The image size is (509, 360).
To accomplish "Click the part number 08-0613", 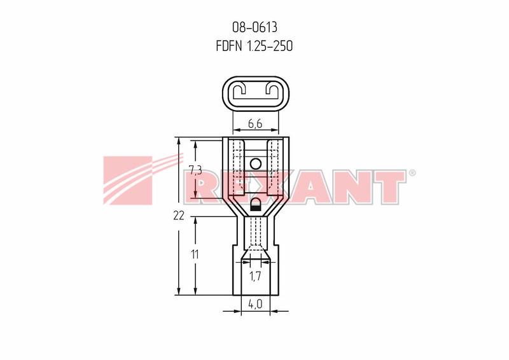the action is pyautogui.click(x=254, y=27).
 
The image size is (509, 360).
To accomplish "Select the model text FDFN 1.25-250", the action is pyautogui.click(x=254, y=46).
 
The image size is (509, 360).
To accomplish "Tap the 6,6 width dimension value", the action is pyautogui.click(x=255, y=123).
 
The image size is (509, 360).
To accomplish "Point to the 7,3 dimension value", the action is pyautogui.click(x=195, y=170).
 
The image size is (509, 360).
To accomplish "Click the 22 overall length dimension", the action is pyautogui.click(x=179, y=215).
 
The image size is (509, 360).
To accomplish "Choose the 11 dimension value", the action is pyautogui.click(x=195, y=254).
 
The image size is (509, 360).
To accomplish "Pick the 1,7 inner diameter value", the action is pyautogui.click(x=255, y=276).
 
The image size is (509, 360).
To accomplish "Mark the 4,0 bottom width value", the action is pyautogui.click(x=255, y=304).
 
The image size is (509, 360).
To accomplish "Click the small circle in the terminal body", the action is pyautogui.click(x=256, y=164).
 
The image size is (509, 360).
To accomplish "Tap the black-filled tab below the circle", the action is pyautogui.click(x=256, y=206).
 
